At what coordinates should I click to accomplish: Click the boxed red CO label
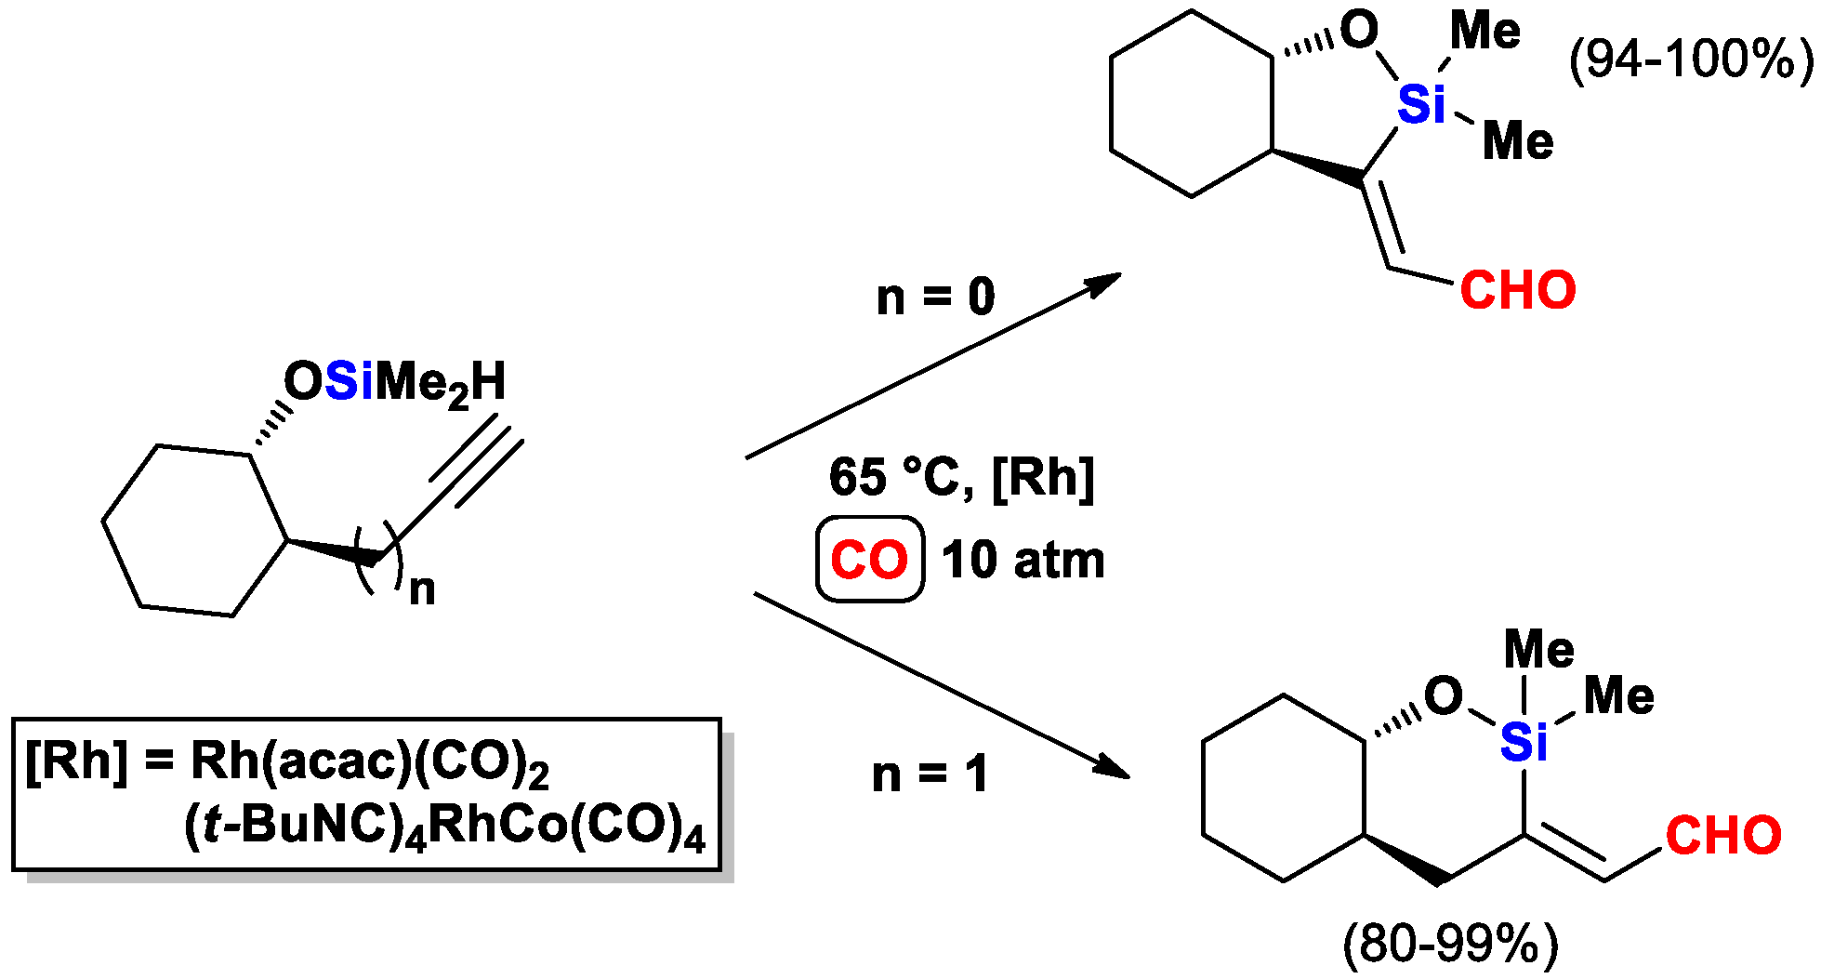coord(869,560)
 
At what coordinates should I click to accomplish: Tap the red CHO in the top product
coord(1517,290)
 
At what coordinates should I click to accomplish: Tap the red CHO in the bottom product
coord(1722,835)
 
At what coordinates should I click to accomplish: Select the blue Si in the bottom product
coord(1524,742)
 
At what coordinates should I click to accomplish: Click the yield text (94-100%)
coord(1691,60)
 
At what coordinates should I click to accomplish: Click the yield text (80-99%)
coord(1450,945)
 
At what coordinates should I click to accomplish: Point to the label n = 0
coord(935,298)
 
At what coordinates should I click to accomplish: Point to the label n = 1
coord(930,774)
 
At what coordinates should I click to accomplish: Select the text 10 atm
coord(1023,561)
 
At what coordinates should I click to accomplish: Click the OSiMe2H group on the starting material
coord(395,382)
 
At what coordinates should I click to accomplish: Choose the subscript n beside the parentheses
coord(422,589)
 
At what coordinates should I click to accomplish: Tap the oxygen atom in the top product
coord(1359,31)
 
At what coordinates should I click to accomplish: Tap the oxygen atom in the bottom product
coord(1443,695)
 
